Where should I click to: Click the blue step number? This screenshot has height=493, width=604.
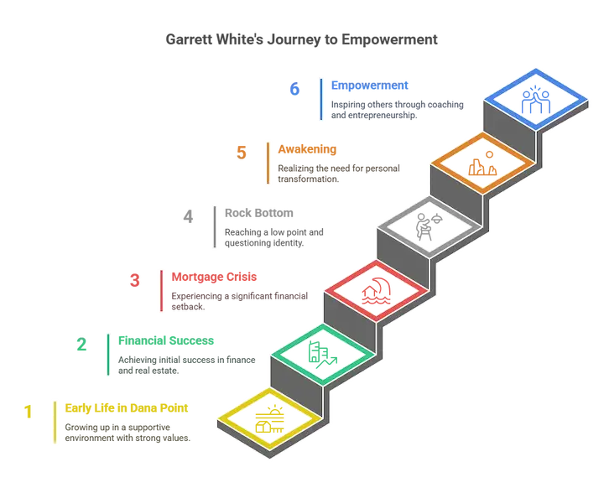294,91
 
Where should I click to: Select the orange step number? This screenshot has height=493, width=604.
242,152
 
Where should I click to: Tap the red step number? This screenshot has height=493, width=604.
133,279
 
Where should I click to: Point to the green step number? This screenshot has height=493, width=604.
81,345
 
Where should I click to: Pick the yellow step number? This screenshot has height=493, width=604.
28,412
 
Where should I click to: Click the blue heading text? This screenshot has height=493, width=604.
370,86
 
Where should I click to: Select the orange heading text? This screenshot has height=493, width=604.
308,149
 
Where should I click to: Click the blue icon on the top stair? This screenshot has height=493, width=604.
534,101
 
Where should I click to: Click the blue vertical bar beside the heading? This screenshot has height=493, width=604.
320,99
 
